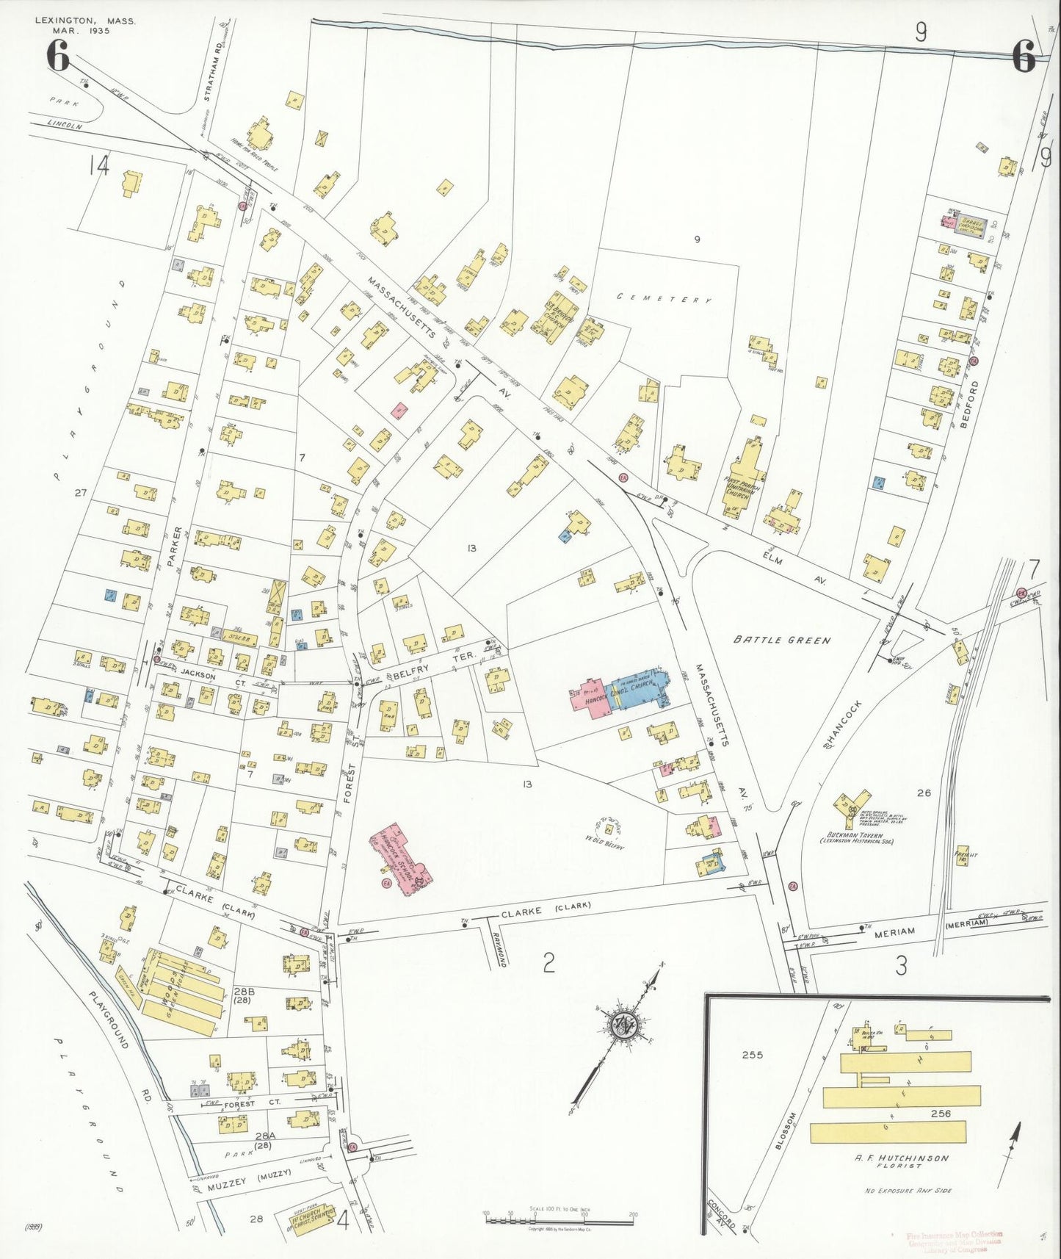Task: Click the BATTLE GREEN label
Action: tap(782, 640)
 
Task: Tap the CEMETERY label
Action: tap(664, 298)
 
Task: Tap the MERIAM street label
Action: tap(894, 931)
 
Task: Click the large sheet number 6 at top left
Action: tap(58, 56)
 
